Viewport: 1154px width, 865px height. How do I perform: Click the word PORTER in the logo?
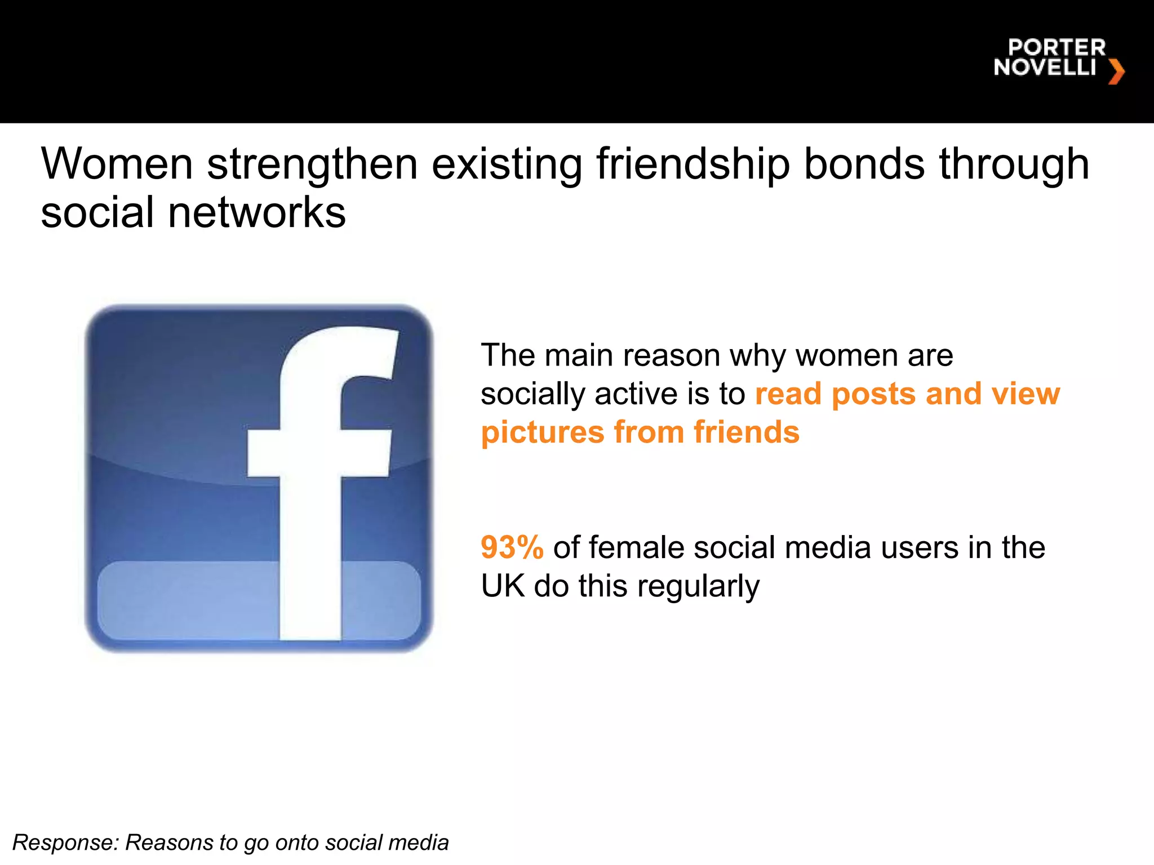[x=1057, y=47]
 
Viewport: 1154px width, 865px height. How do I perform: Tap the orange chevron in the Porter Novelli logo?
[x=1116, y=72]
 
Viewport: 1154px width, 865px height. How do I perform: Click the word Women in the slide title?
[x=117, y=164]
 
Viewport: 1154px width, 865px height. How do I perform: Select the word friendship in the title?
[x=693, y=164]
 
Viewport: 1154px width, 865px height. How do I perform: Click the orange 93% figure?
[x=512, y=547]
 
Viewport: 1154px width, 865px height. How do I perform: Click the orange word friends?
[x=746, y=432]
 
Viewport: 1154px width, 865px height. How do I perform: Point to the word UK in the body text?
[x=502, y=586]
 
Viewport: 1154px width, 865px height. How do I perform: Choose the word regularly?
[x=698, y=587]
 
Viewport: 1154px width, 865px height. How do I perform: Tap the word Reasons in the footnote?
[x=168, y=842]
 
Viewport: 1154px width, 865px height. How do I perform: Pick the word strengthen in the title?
[x=312, y=164]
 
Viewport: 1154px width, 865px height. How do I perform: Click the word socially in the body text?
[x=532, y=394]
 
